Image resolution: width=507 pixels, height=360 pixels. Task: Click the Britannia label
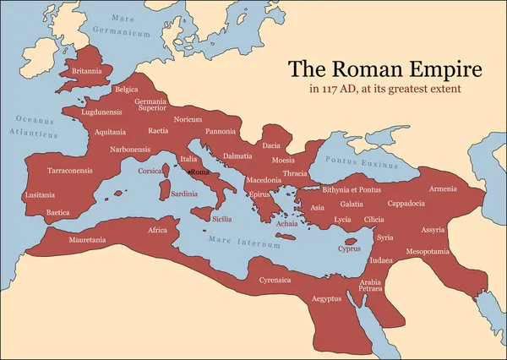88,71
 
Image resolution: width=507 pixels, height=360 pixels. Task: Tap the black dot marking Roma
188,172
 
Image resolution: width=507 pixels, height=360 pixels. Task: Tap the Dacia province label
271,145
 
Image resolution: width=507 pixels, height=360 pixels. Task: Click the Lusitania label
41,194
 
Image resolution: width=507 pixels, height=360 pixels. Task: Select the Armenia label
443,188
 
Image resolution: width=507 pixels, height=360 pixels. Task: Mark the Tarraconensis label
69,171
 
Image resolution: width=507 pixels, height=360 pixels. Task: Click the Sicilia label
221,219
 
